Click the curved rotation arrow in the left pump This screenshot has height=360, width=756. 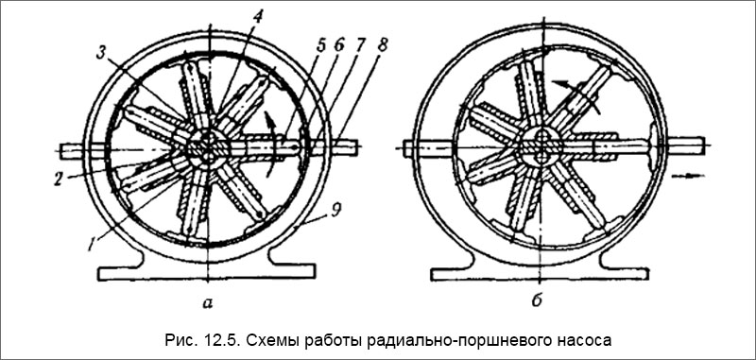272,142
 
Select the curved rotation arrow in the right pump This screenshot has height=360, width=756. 577,93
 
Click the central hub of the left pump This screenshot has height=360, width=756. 209,149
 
